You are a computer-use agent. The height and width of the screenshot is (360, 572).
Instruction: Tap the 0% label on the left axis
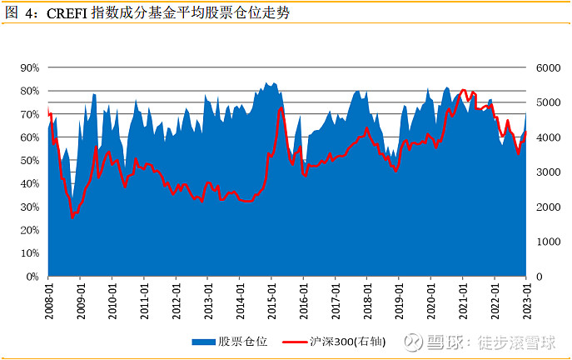32,276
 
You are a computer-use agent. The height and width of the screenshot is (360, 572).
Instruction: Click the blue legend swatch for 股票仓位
203,342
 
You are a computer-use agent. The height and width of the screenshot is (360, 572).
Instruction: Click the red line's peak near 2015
281,108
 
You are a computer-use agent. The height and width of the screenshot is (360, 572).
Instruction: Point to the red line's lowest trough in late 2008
73,217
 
